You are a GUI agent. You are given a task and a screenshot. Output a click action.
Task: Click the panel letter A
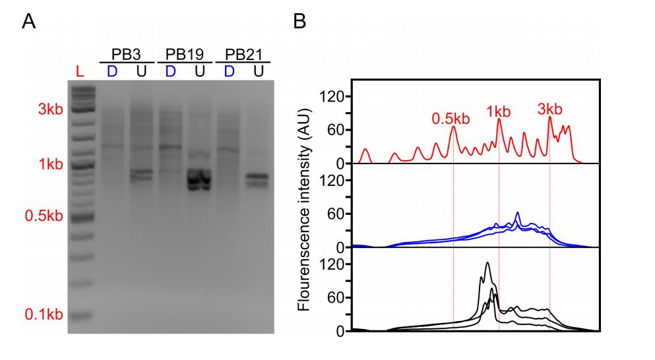[28, 22]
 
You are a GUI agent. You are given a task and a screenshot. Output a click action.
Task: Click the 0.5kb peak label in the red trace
[451, 119]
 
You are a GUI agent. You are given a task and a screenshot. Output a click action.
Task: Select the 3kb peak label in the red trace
[549, 109]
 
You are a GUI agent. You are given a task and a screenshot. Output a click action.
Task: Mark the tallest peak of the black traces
[487, 263]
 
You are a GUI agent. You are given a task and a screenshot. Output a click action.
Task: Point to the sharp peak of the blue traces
[517, 213]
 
